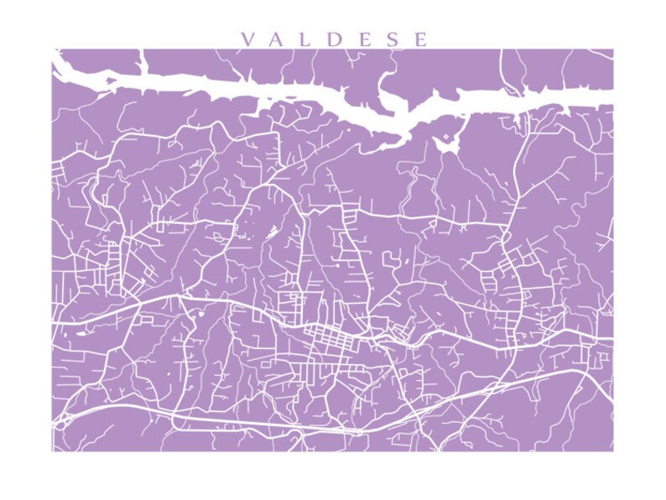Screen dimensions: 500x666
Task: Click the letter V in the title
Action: (247, 39)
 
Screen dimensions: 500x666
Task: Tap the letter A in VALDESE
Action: (278, 39)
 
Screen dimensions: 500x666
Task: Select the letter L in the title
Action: (307, 39)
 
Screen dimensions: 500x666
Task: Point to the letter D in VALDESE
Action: (336, 39)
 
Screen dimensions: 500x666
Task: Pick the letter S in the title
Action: (393, 39)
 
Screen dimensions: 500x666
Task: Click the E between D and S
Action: (365, 39)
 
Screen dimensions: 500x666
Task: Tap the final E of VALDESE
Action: (420, 39)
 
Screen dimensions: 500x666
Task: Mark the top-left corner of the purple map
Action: (53, 49)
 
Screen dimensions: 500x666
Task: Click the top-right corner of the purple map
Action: (612, 49)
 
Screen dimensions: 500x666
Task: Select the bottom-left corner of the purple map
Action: (53, 451)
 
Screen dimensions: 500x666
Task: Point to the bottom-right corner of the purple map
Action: (612, 451)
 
